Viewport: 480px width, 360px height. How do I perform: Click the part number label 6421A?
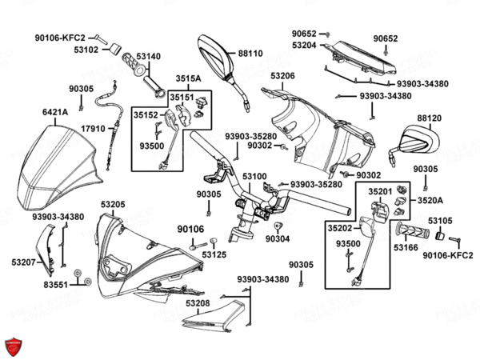(x=55, y=112)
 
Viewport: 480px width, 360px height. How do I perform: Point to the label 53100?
(x=254, y=177)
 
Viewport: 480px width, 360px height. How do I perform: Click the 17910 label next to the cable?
(x=93, y=129)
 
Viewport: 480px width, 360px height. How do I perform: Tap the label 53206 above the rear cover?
(x=283, y=76)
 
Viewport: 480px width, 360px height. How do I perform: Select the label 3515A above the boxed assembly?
(x=188, y=78)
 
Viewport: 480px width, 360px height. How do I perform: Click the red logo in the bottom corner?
(x=13, y=347)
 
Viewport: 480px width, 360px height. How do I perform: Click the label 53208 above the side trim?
(x=198, y=303)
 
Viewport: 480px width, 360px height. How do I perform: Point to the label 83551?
(x=55, y=285)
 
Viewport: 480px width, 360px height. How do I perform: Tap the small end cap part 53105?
(x=440, y=236)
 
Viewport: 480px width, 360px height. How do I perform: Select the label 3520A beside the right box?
(x=430, y=201)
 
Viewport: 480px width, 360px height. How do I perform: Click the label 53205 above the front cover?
(x=113, y=204)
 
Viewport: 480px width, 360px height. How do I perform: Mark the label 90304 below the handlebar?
(x=278, y=238)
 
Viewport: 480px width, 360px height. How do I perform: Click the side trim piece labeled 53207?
(x=46, y=250)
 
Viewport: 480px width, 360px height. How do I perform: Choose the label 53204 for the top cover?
(x=304, y=46)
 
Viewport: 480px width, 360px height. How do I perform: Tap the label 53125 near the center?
(x=214, y=254)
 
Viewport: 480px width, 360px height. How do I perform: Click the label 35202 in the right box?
(x=340, y=228)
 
